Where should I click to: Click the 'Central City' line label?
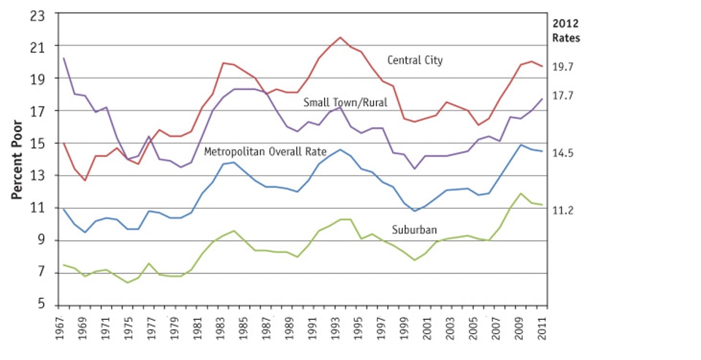click(415, 61)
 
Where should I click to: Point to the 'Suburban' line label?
click(414, 230)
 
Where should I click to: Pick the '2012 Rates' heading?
click(566, 30)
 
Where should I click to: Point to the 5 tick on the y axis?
click(43, 305)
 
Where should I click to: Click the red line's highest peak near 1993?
click(340, 37)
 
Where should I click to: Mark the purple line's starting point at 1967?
click(64, 58)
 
